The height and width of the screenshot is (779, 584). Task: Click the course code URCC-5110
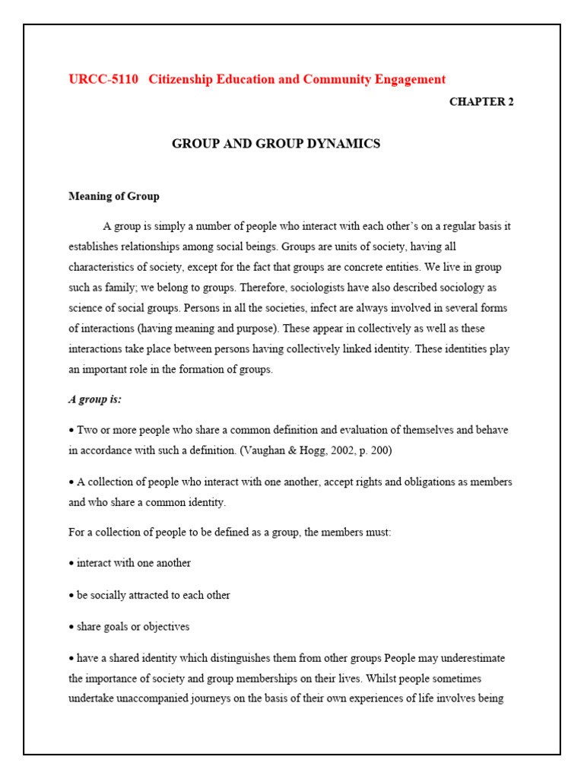103,79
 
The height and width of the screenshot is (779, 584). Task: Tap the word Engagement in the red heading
406,79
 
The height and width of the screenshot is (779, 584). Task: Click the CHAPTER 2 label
481,102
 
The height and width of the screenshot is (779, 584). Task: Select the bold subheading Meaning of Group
114,196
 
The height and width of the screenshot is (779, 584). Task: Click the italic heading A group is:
95,399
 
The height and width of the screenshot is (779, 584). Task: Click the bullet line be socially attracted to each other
152,595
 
